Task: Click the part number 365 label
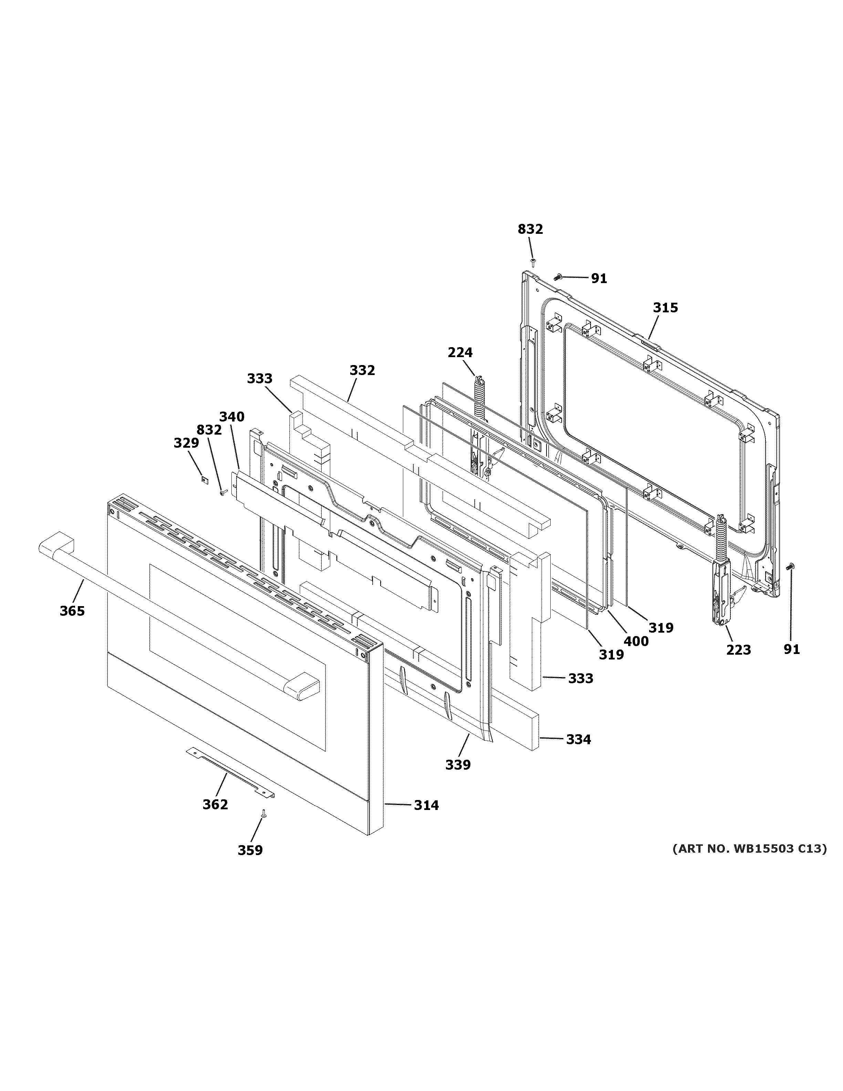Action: [x=72, y=611]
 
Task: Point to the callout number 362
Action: [x=215, y=804]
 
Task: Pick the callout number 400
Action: [x=636, y=641]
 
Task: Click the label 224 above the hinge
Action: [x=459, y=353]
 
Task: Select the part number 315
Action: [x=665, y=308]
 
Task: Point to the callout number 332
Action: [x=362, y=370]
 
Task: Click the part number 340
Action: [x=232, y=417]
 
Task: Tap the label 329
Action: [x=186, y=443]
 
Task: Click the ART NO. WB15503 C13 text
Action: [x=749, y=848]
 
